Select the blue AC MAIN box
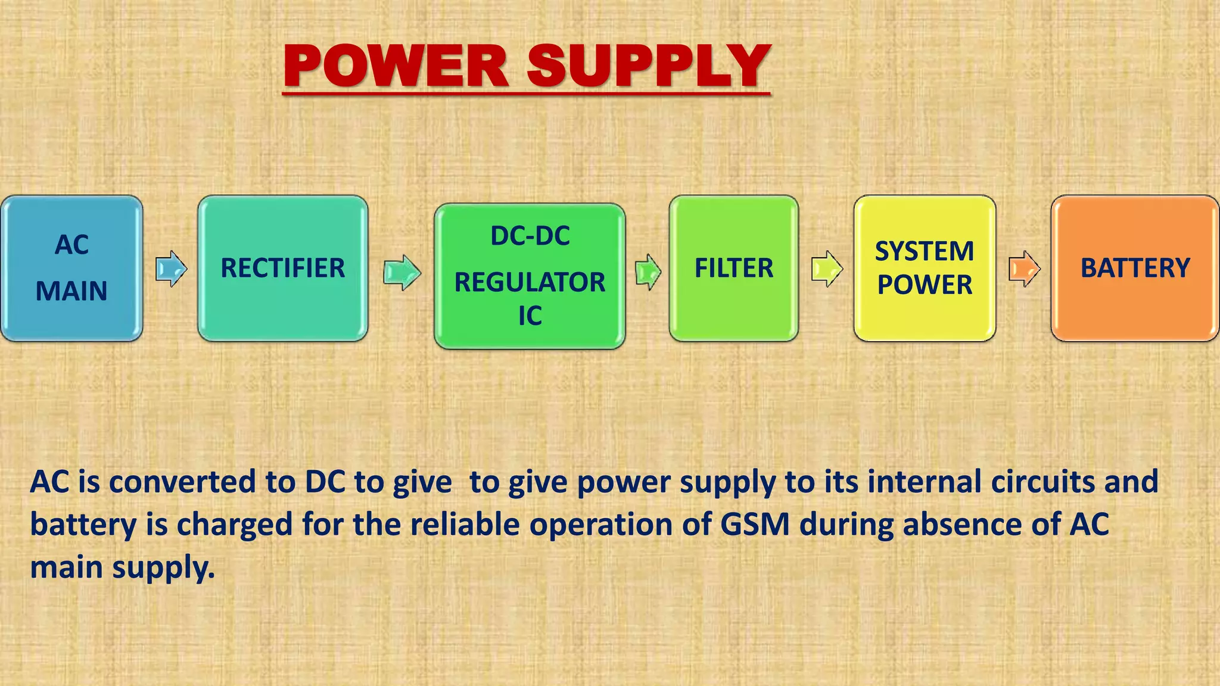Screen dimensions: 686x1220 (x=71, y=268)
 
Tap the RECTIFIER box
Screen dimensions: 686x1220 (x=282, y=268)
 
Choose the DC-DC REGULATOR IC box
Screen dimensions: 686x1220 (x=530, y=276)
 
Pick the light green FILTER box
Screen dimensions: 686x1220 (x=733, y=268)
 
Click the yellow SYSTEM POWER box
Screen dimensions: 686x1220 (x=925, y=268)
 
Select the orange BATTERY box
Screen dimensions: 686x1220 (x=1135, y=268)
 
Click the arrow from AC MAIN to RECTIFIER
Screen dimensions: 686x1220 (x=171, y=269)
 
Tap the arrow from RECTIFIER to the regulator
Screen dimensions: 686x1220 (x=402, y=273)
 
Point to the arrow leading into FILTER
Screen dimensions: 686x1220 (x=648, y=272)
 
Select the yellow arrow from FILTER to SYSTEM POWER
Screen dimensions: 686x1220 (x=827, y=269)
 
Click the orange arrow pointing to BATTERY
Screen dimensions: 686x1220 (x=1024, y=269)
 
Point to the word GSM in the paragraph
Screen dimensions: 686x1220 (x=755, y=525)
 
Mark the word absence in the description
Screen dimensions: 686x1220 (x=961, y=525)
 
